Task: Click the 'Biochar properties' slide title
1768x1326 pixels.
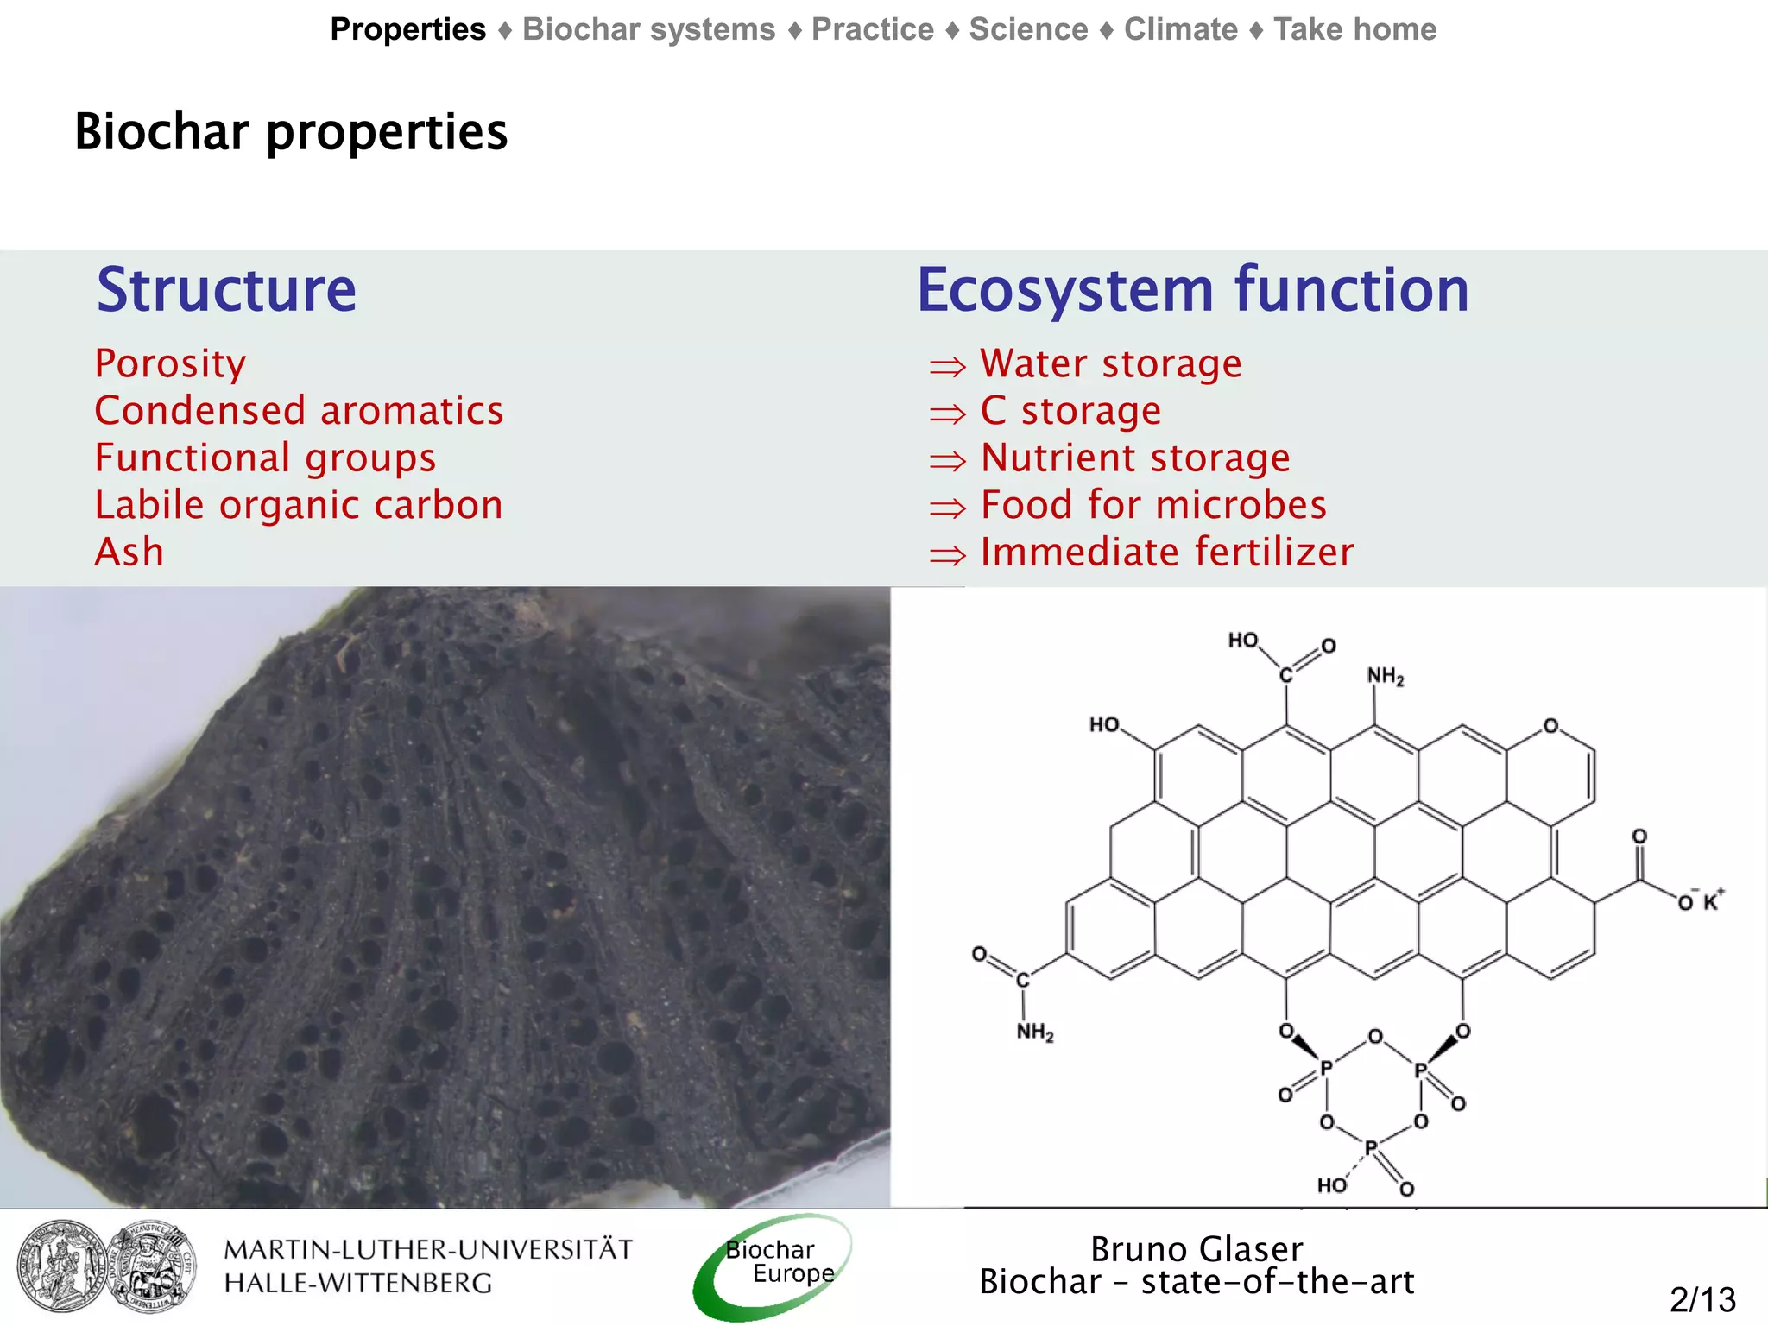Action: [291, 132]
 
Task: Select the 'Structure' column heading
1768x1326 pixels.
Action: [226, 290]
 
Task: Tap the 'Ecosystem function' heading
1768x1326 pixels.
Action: [1192, 290]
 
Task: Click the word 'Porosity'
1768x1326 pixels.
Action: [170, 363]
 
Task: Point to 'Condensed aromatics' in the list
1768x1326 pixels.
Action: [299, 411]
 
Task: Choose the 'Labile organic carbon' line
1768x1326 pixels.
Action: [299, 505]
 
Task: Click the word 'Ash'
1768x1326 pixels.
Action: [129, 552]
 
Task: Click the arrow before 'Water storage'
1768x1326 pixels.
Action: [947, 367]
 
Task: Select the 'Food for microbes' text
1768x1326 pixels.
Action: [1153, 505]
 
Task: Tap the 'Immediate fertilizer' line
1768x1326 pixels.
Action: [1167, 552]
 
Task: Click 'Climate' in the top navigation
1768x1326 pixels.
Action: [1180, 29]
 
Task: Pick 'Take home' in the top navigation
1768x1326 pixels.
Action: [1354, 29]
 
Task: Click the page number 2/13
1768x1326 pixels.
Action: [1702, 1299]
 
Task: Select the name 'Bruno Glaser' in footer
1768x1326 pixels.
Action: [1197, 1249]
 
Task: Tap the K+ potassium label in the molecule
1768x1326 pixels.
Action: [1713, 900]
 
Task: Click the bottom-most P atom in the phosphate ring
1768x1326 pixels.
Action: [1370, 1148]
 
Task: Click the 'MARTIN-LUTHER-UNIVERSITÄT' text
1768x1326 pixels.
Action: [428, 1249]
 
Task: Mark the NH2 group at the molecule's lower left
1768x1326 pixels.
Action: [1034, 1032]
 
